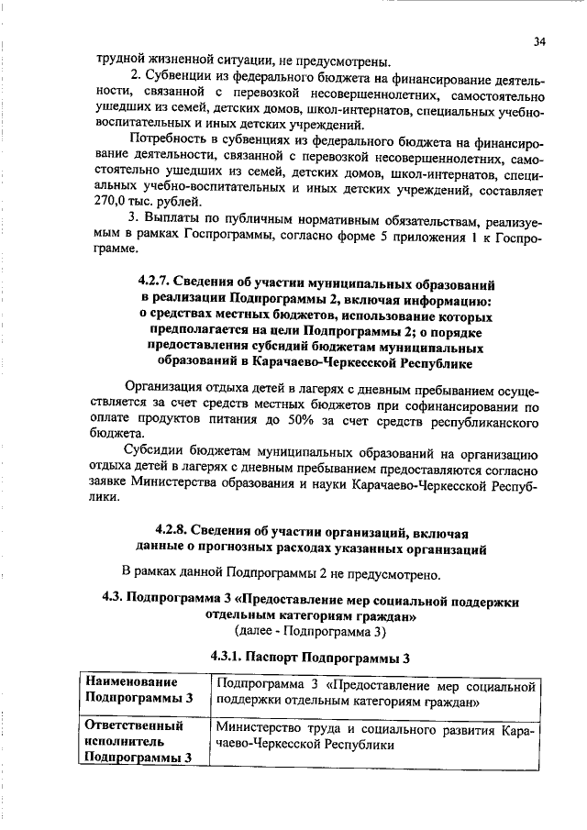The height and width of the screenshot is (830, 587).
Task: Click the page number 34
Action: [x=539, y=41]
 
